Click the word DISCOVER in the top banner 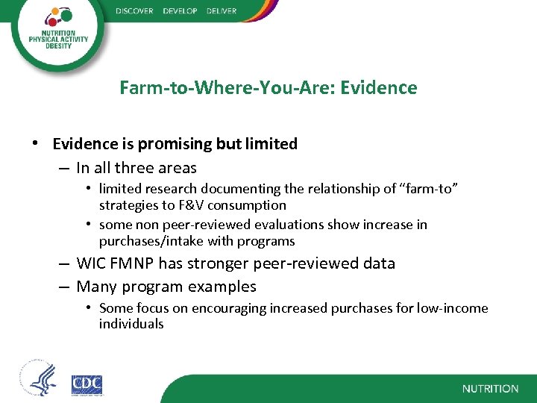coord(135,11)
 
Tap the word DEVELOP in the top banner coord(180,11)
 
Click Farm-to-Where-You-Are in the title coord(224,88)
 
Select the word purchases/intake coord(146,241)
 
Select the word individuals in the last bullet coord(131,324)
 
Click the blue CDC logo coord(87,385)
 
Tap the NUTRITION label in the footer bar coord(490,389)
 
